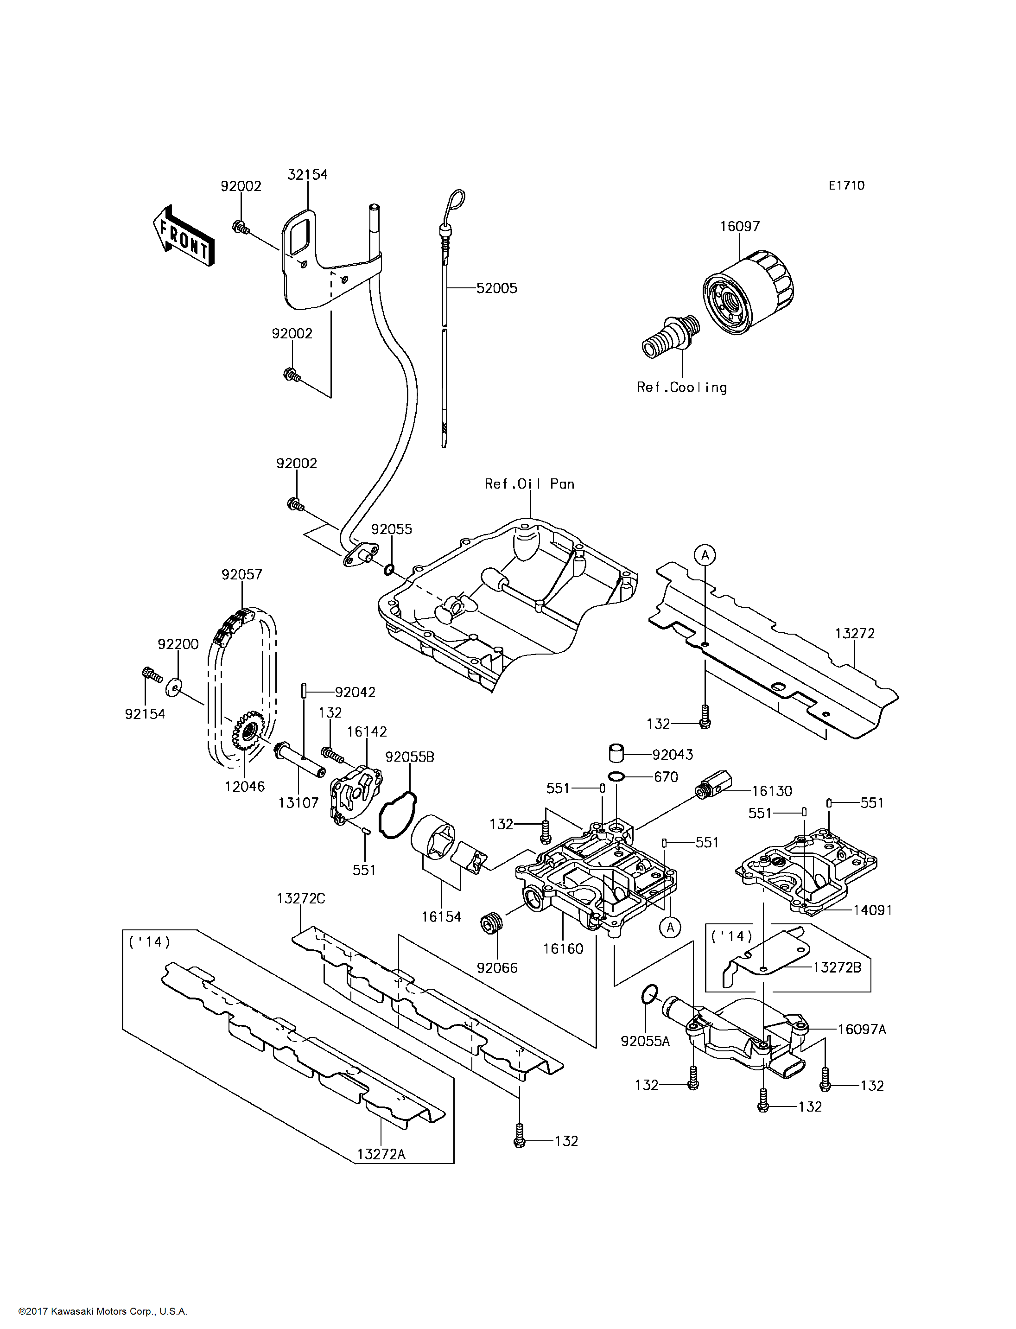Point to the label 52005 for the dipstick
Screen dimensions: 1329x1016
[496, 288]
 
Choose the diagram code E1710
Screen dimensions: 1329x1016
[846, 186]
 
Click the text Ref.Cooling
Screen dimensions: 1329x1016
[681, 388]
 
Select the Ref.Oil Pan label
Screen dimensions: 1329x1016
[529, 484]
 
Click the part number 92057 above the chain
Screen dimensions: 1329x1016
[242, 575]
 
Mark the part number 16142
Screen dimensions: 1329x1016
[367, 732]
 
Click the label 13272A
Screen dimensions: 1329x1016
[381, 1154]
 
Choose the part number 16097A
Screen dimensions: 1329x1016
[862, 1030]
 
